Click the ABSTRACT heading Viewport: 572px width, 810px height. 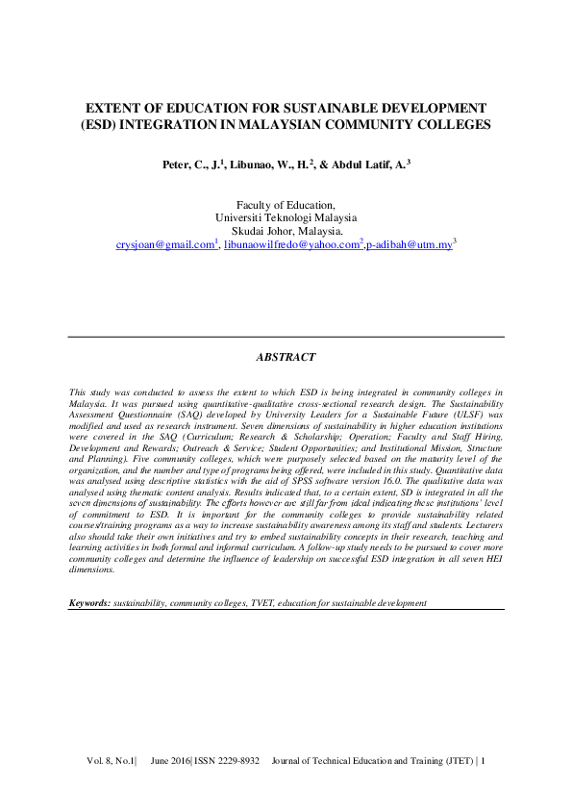pos(286,357)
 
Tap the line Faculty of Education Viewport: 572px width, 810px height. pos(286,204)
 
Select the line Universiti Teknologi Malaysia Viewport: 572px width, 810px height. pos(286,217)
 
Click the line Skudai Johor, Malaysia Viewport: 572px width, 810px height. pos(286,231)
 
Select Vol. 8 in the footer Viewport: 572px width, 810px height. pos(101,762)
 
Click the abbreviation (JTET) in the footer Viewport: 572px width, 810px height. pos(455,762)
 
